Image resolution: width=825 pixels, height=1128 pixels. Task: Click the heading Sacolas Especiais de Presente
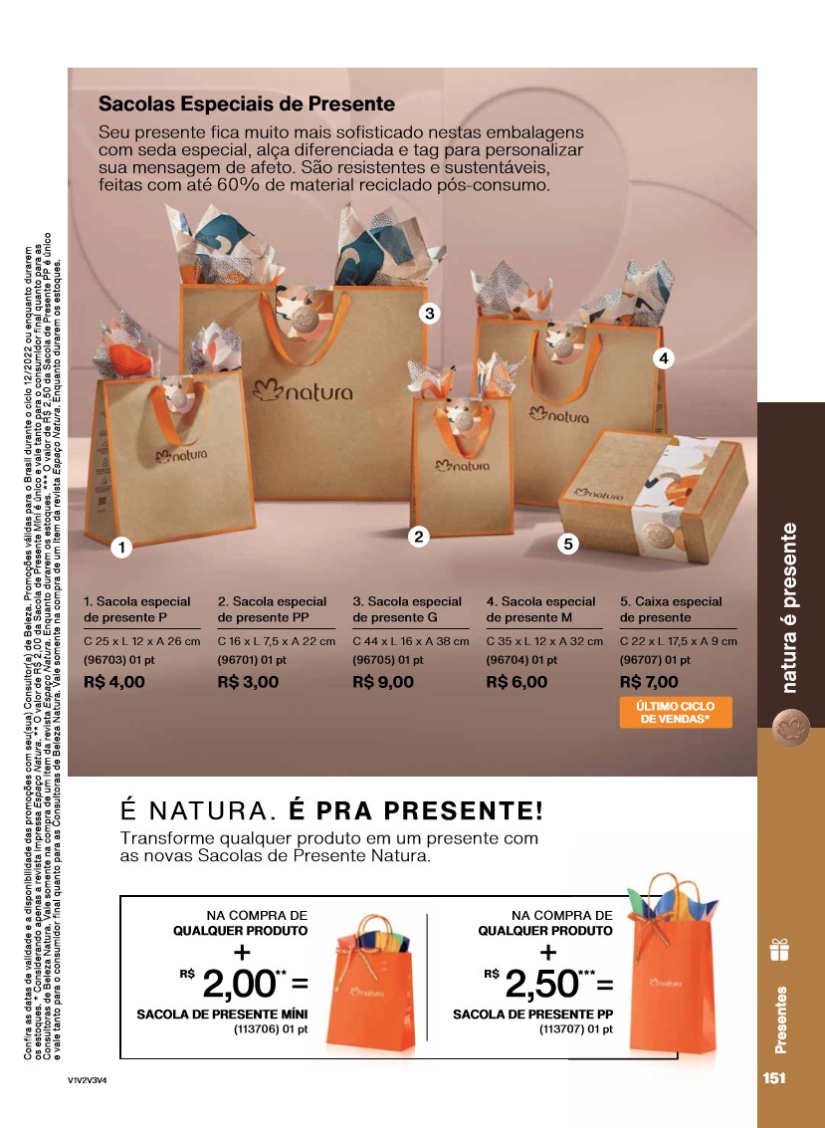pyautogui.click(x=247, y=105)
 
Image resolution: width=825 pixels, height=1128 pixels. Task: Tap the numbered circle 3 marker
pyautogui.click(x=429, y=313)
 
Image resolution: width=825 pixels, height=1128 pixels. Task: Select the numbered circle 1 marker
pyautogui.click(x=121, y=548)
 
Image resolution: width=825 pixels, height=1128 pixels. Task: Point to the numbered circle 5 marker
pyautogui.click(x=568, y=544)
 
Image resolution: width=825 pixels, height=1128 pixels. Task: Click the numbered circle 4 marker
pyautogui.click(x=663, y=357)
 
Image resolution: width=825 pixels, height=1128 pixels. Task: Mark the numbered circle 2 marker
pyautogui.click(x=418, y=536)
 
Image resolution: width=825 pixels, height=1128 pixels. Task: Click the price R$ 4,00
pyautogui.click(x=114, y=682)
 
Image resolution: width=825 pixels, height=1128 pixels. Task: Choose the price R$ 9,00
pyautogui.click(x=383, y=682)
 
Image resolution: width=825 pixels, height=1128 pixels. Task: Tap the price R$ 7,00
pyautogui.click(x=649, y=682)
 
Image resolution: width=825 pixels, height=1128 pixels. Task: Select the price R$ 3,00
pyautogui.click(x=248, y=682)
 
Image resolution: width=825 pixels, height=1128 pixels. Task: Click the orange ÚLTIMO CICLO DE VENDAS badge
pyautogui.click(x=676, y=712)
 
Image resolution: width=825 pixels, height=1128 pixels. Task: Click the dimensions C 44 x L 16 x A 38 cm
pyautogui.click(x=411, y=641)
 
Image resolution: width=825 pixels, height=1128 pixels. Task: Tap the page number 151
pyautogui.click(x=774, y=1077)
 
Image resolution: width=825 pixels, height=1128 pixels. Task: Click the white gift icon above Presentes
pyautogui.click(x=779, y=950)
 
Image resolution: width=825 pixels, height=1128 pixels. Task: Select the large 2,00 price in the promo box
pyautogui.click(x=240, y=984)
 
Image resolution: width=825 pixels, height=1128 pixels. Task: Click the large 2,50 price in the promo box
pyautogui.click(x=541, y=984)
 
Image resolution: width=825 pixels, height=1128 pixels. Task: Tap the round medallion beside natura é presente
pyautogui.click(x=790, y=727)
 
